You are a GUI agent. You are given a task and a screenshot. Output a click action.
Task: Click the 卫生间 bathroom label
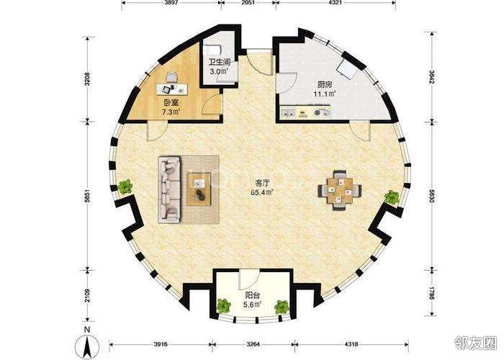pos(220,63)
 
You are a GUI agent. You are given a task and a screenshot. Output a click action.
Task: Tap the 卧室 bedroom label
pos(171,103)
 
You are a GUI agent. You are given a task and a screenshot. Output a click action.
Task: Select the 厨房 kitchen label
pos(325,85)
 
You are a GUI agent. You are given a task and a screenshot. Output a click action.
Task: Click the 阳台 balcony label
pos(252,295)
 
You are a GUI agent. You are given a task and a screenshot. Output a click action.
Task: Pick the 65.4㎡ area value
pos(262,192)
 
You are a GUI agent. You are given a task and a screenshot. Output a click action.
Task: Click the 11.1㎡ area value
pos(325,94)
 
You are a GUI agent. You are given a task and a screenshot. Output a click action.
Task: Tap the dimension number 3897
pos(171,3)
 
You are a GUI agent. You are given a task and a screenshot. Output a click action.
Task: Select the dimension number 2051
pos(248,3)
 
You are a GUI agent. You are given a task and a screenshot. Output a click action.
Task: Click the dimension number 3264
pos(253,344)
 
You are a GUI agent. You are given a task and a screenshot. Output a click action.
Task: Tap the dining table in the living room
pos(340,190)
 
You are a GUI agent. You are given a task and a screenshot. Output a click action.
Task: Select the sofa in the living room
pos(169,189)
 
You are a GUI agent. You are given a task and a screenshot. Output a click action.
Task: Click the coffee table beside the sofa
pos(199,189)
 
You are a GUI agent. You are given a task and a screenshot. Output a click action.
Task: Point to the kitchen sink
pos(289,113)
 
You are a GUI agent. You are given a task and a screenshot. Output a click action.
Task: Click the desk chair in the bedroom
pos(171,77)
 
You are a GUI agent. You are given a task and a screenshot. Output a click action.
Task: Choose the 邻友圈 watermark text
pos(475,343)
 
